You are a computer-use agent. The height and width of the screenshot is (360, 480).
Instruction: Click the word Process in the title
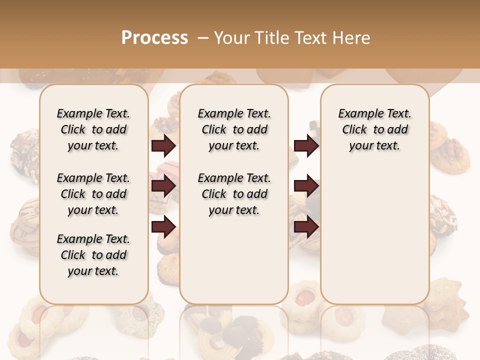(x=154, y=38)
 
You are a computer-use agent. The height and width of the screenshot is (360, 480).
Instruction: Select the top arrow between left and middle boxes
(x=163, y=146)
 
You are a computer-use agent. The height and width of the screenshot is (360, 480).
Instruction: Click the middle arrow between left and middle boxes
(x=163, y=186)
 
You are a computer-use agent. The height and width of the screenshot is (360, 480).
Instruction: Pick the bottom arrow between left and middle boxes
(x=163, y=227)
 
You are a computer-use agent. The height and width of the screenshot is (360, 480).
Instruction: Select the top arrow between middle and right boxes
(x=306, y=146)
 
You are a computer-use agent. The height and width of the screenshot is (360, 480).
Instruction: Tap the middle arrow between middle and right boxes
(x=306, y=186)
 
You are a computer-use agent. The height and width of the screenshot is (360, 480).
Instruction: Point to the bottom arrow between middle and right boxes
(x=306, y=227)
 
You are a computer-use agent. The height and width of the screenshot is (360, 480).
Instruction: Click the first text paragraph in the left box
(x=93, y=129)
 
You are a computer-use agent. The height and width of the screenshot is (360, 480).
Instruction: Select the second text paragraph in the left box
(x=93, y=194)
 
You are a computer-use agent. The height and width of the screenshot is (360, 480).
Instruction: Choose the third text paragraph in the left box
(x=93, y=255)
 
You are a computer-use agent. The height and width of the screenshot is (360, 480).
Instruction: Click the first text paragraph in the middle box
(x=234, y=129)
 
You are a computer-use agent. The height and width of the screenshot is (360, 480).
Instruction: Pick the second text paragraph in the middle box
(x=234, y=194)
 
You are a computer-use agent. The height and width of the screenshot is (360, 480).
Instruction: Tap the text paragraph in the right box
(x=374, y=129)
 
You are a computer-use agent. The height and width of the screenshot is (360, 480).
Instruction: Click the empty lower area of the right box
(x=374, y=235)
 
